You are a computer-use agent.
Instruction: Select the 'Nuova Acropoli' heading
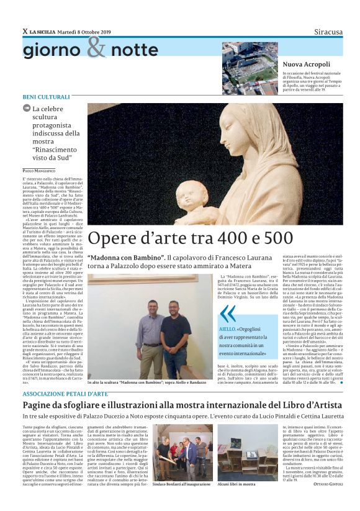pyautogui.click(x=307, y=64)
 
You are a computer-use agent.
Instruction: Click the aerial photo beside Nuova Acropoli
pyautogui.click(x=250, y=68)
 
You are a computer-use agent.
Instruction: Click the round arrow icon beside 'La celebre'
pyautogui.click(x=27, y=108)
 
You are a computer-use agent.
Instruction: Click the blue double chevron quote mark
pyautogui.click(x=228, y=314)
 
